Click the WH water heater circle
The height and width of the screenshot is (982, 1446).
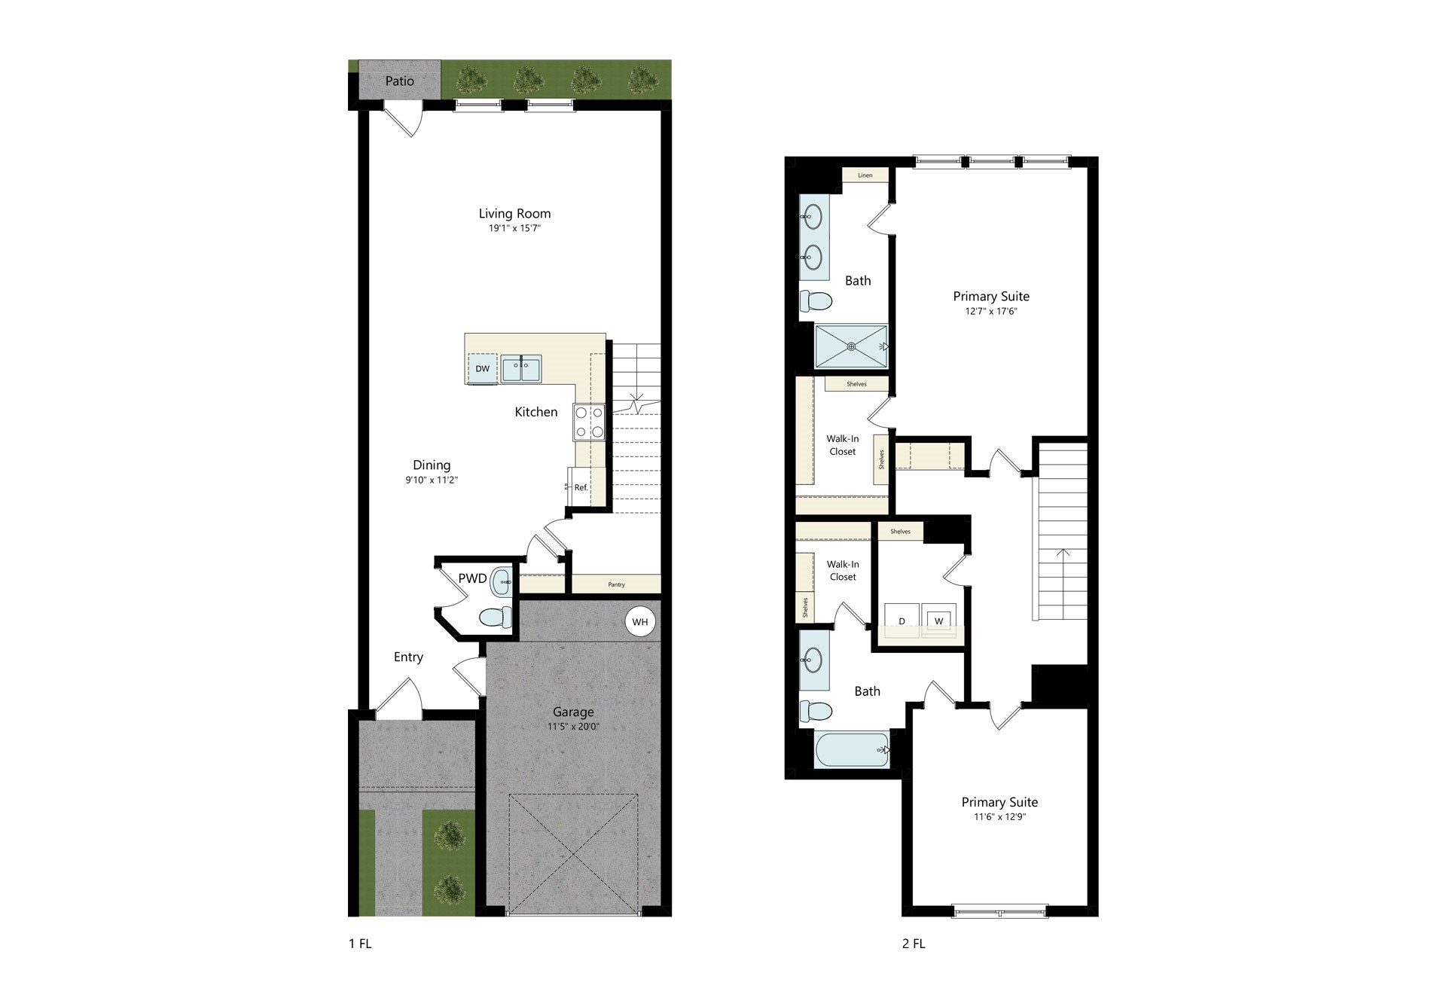click(x=639, y=622)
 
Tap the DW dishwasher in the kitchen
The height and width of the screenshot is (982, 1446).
click(x=482, y=368)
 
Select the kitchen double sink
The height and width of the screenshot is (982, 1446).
click(x=521, y=369)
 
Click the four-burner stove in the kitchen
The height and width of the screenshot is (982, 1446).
click(x=590, y=422)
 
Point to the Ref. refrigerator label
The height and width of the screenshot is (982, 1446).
click(x=581, y=487)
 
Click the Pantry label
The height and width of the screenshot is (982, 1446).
click(x=616, y=584)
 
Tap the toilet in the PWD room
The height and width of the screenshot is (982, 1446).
click(x=496, y=618)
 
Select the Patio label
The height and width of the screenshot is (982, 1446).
click(x=399, y=81)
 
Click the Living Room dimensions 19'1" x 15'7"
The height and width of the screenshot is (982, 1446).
click(x=514, y=228)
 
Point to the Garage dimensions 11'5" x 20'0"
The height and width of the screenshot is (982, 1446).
click(x=573, y=727)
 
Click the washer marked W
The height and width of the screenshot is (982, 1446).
click(x=938, y=620)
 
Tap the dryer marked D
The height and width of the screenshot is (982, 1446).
click(x=901, y=620)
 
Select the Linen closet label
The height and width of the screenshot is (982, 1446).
click(x=865, y=175)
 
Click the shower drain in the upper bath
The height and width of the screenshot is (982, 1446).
click(x=851, y=346)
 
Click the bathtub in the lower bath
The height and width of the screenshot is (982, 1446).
click(x=852, y=750)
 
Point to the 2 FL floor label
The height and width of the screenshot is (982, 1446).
click(x=914, y=944)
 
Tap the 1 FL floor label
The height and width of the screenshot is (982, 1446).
click(x=360, y=944)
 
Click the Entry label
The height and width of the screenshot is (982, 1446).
click(x=408, y=657)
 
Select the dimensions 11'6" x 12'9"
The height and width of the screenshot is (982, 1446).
click(x=999, y=817)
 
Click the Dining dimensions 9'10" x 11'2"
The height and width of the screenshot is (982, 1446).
click(x=432, y=480)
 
